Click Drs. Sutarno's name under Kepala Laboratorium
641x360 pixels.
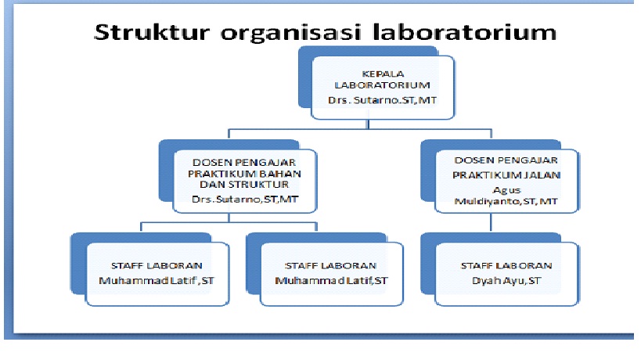coord(381,102)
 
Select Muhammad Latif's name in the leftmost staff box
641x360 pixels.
coord(155,279)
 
